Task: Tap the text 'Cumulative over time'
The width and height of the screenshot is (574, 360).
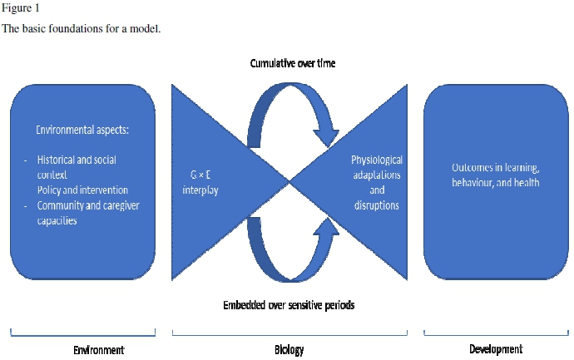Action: coord(293,64)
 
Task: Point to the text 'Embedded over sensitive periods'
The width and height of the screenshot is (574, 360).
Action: coord(288,305)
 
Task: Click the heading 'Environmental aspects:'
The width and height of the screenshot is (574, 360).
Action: coord(83,131)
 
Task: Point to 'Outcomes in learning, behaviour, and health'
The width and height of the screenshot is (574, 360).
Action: coord(495,175)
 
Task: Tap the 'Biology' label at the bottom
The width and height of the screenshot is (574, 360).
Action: coord(289,350)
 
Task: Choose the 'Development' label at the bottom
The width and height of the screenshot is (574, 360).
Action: coord(496,350)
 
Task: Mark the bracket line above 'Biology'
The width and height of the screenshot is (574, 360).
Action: coord(289,335)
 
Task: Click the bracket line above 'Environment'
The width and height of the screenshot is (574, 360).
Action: coord(82,335)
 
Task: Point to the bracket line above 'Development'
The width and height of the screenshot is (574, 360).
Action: coord(497,335)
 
